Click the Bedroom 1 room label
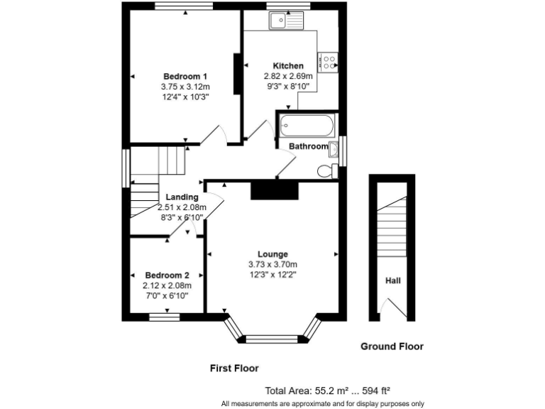[x=185, y=77]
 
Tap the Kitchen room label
[x=274, y=66]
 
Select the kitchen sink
[x=286, y=21]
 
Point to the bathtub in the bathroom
[x=304, y=128]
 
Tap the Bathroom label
[x=308, y=147]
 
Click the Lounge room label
[x=272, y=254]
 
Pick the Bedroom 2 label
[x=167, y=276]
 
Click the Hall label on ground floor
[x=392, y=280]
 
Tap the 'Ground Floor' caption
[x=392, y=347]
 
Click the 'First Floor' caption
[x=234, y=369]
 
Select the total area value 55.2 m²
[x=331, y=391]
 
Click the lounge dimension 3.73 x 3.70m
[x=272, y=265]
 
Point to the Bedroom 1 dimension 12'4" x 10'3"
[x=185, y=97]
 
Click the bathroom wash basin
[x=334, y=148]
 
